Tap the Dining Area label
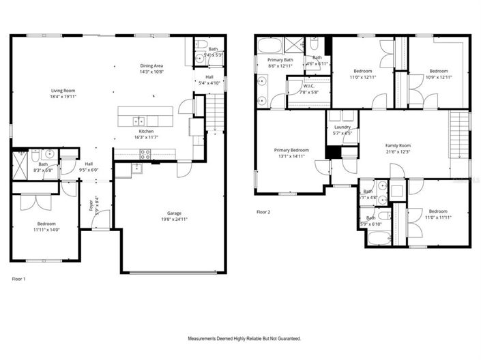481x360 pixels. (x=151, y=65)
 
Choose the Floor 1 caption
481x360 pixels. (x=19, y=279)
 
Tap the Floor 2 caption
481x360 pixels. (x=263, y=212)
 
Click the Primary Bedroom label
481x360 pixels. (x=291, y=150)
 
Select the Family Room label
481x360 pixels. (x=398, y=145)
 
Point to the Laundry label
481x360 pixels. (x=342, y=127)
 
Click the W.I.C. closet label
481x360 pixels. (x=308, y=86)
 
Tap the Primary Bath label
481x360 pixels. (x=279, y=60)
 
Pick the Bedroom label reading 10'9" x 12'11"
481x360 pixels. (x=439, y=71)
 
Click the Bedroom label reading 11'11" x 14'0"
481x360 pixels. (x=46, y=224)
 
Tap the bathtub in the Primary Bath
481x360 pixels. (x=268, y=46)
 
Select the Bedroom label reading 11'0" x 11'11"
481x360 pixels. (x=439, y=211)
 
